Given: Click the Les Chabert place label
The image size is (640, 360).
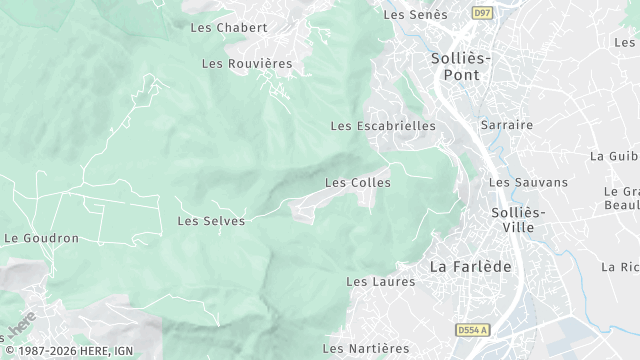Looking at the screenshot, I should coord(229,27).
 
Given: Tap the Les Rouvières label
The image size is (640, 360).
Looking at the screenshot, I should coord(247,63).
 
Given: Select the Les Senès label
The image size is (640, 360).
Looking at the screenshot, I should coord(413,14).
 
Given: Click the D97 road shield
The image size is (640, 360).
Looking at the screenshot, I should coord(484,13).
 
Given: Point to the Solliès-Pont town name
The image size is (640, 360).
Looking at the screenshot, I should coord(461,66).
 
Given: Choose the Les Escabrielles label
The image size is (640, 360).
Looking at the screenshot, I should coord(383,126).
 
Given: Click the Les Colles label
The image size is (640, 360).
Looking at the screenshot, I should coord(357,183).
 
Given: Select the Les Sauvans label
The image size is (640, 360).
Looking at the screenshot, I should coord(527,182).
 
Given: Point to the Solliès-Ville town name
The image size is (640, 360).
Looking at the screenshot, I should coord(519,220).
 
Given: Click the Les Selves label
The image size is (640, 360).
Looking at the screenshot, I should coord(210,220).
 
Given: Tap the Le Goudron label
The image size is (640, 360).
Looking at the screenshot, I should coord(42,238).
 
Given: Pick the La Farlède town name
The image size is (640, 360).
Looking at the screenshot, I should coord(470,267).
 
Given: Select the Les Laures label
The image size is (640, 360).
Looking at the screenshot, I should coord(380,282).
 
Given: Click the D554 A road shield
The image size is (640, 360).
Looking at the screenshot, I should coord(473,329).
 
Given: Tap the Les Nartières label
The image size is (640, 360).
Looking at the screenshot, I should coord(366,348).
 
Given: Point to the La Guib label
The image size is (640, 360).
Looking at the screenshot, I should coord(613,156).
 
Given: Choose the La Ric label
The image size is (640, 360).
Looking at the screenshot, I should coord(620,267).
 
